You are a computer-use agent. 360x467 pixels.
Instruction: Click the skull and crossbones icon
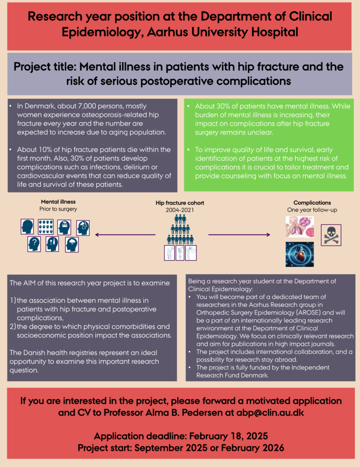click(331, 235)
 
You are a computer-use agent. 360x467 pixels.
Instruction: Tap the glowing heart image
click(299, 254)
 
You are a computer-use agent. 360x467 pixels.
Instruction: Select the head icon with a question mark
click(34, 244)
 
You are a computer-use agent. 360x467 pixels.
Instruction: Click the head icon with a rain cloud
click(72, 245)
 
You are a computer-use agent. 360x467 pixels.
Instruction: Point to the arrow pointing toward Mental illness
click(125, 235)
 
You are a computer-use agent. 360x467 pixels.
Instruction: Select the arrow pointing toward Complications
click(239, 235)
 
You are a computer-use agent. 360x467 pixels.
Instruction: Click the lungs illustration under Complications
click(299, 227)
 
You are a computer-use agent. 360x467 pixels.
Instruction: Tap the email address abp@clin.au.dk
click(270, 413)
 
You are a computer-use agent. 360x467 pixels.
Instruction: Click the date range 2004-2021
click(180, 210)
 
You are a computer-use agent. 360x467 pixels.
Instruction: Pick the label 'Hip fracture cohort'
click(180, 203)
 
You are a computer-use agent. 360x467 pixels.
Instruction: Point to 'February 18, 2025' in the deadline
click(228, 436)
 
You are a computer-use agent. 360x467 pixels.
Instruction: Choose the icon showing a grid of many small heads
click(46, 227)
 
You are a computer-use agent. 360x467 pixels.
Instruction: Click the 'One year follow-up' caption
click(312, 210)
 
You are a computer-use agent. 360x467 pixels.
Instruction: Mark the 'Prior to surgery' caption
click(58, 209)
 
